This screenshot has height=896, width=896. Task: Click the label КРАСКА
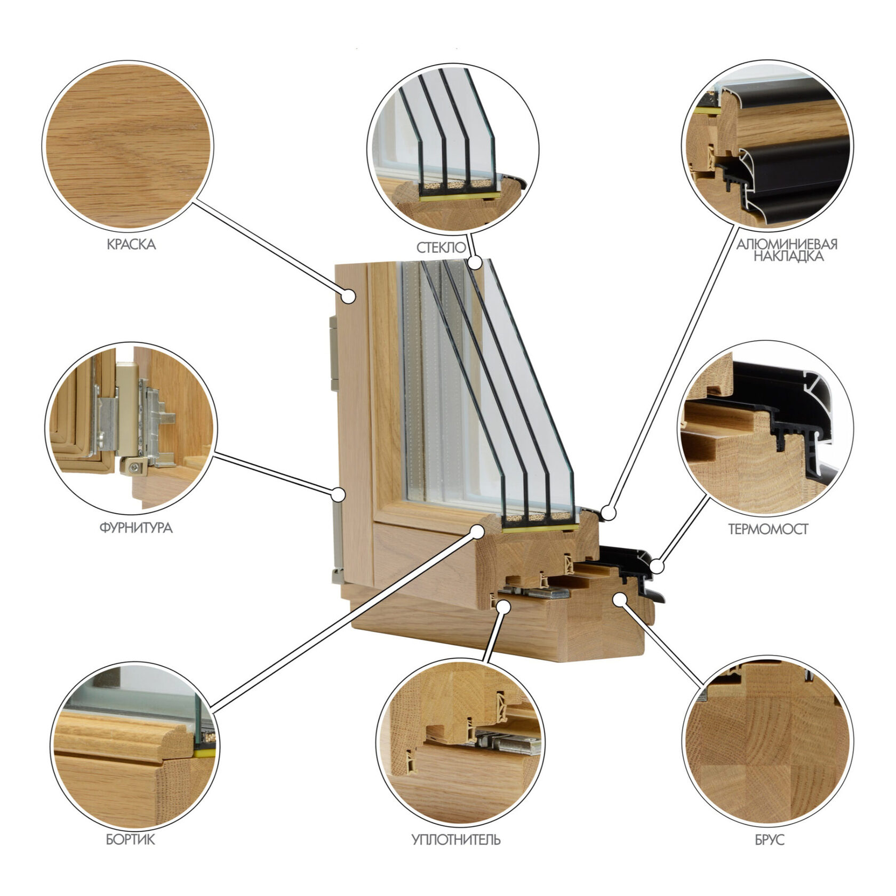[131, 245]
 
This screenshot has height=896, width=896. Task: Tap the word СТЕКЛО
[441, 247]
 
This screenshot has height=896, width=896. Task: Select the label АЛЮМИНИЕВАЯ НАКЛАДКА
[787, 250]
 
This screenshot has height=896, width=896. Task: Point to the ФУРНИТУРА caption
[136, 528]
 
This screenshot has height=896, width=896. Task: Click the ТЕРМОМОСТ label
[768, 530]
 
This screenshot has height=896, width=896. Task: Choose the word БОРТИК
[130, 840]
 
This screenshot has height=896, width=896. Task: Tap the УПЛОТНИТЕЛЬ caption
[456, 840]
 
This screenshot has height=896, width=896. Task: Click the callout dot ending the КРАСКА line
[349, 296]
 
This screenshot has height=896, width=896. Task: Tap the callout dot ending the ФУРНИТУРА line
[338, 494]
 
